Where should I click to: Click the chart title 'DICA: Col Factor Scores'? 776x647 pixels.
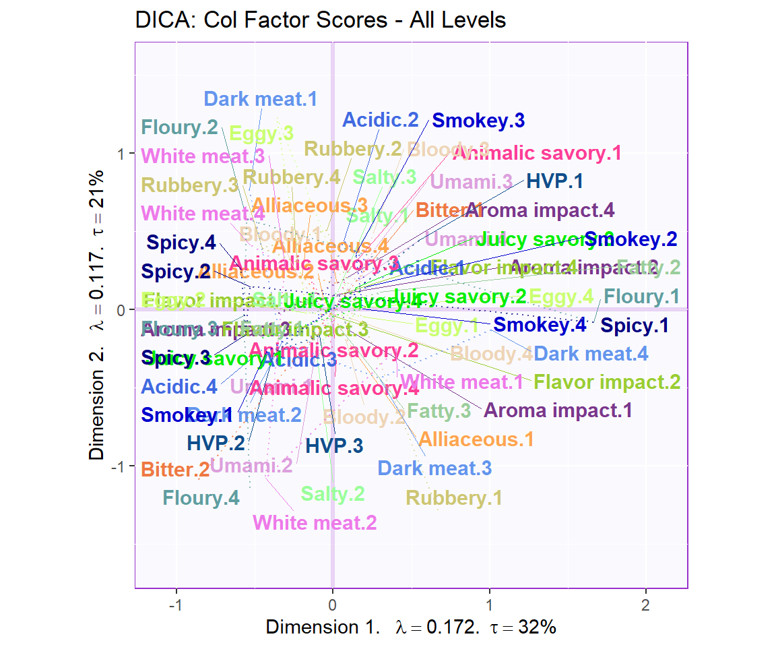[320, 20]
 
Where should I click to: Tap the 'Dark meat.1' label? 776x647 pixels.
[260, 100]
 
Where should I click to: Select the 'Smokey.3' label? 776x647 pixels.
[478, 121]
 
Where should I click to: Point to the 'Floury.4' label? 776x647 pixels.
[201, 498]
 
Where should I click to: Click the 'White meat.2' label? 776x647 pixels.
[314, 522]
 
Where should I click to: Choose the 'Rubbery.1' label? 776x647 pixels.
[453, 498]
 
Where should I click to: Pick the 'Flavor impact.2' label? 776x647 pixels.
[606, 382]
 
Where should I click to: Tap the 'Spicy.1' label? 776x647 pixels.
[635, 326]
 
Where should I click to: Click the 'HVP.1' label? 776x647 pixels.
[554, 181]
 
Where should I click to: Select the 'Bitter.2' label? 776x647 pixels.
[175, 470]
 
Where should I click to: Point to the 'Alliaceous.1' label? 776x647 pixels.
[476, 439]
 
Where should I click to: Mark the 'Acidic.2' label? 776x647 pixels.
[380, 121]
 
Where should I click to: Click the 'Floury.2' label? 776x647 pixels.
[179, 127]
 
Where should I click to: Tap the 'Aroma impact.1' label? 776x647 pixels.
[558, 410]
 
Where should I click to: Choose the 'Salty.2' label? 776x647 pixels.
[332, 494]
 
